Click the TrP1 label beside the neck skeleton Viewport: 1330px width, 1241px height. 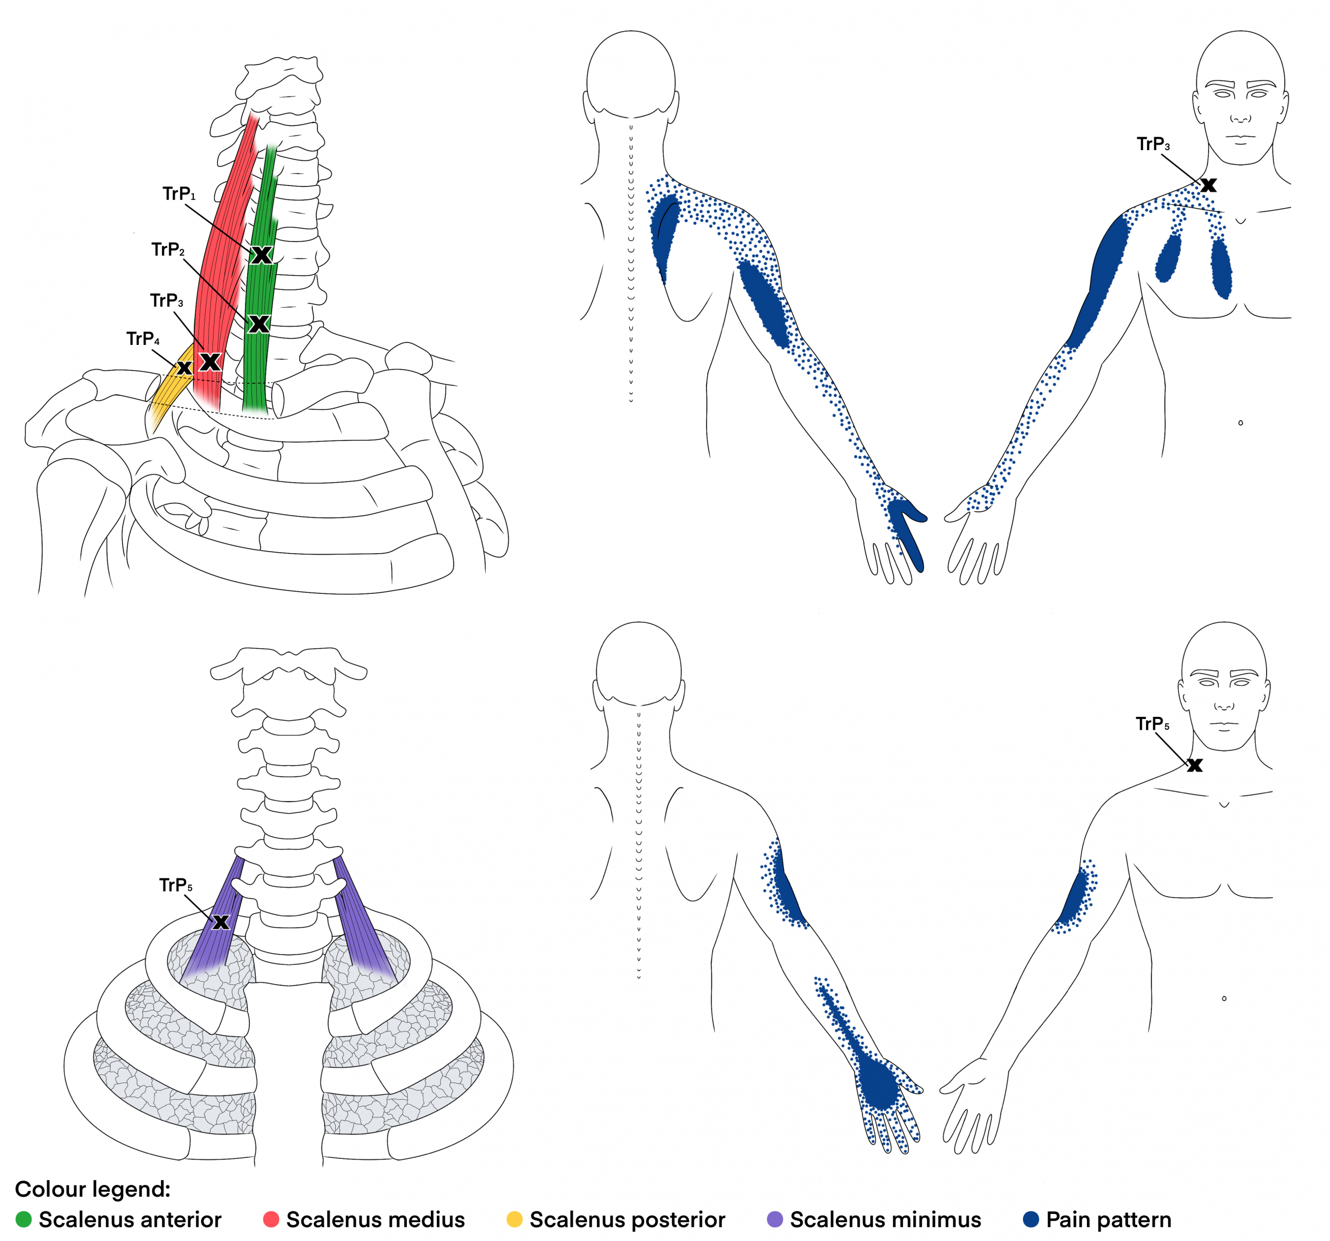tap(179, 194)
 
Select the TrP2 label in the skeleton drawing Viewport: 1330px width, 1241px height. tap(168, 249)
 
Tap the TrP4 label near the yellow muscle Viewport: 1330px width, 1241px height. tap(143, 339)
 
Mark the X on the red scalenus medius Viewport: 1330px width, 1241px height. tap(210, 362)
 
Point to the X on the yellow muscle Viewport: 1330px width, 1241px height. tap(184, 367)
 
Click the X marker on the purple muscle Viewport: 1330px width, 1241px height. tap(221, 922)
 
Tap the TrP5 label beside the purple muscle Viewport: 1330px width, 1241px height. tap(176, 885)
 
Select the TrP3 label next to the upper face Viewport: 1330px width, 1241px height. tap(1153, 144)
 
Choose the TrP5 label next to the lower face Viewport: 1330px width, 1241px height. tap(1153, 724)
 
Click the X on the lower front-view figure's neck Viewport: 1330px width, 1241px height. tap(1195, 765)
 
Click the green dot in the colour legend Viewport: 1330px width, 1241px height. tap(23, 1219)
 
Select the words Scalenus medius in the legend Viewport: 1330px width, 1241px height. tap(375, 1220)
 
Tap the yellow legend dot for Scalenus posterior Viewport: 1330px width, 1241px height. tap(514, 1219)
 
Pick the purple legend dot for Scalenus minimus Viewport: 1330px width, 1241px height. tap(775, 1219)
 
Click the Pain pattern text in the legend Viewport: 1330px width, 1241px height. tap(1109, 1220)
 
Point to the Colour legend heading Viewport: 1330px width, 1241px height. tap(93, 1189)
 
